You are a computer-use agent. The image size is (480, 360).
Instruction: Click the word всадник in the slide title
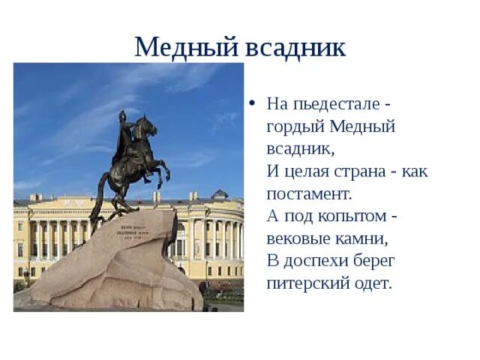point(295,48)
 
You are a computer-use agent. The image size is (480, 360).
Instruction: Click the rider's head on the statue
point(121,116)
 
